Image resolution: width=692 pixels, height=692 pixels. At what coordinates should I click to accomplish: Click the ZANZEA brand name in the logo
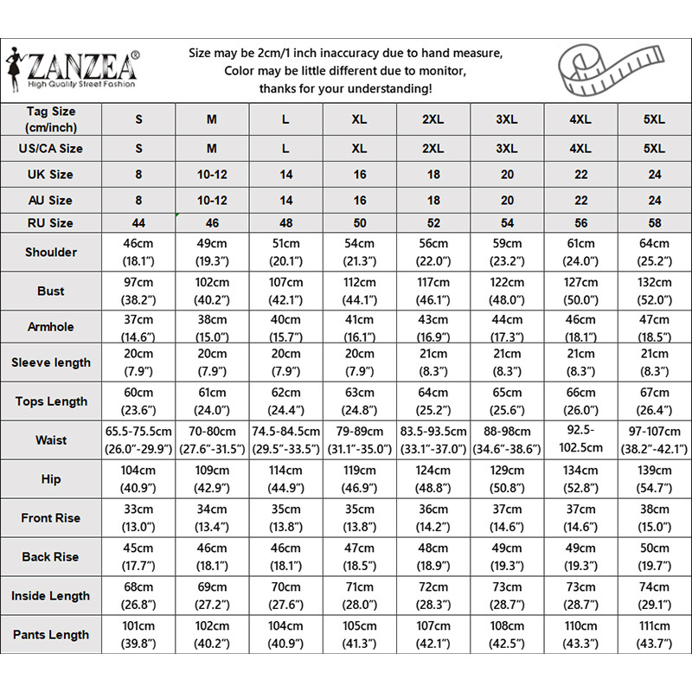(x=82, y=65)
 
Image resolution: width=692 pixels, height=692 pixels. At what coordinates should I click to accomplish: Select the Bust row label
(x=51, y=292)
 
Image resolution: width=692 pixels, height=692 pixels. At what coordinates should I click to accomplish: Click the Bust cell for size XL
(x=360, y=292)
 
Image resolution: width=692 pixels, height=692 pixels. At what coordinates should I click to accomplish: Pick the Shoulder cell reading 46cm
(x=138, y=253)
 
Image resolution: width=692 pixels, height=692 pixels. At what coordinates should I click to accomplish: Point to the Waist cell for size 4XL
(x=581, y=439)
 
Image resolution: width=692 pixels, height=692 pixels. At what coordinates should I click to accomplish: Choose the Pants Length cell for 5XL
(x=655, y=634)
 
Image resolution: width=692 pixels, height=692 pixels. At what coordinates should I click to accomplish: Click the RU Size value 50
(x=360, y=223)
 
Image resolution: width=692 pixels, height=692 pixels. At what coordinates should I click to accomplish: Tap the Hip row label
(x=51, y=478)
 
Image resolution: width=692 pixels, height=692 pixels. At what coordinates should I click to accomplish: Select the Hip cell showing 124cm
(x=433, y=478)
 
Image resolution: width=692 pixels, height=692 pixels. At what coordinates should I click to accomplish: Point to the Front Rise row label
(x=51, y=518)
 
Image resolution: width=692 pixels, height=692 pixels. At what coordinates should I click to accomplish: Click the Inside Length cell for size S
(x=138, y=595)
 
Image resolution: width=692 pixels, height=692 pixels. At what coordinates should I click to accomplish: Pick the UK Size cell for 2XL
(x=433, y=174)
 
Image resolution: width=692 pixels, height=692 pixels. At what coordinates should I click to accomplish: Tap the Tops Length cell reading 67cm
(x=655, y=401)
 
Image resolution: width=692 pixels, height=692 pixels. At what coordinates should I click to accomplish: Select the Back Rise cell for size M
(x=212, y=556)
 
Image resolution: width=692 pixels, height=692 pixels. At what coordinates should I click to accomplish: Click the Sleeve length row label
(x=51, y=362)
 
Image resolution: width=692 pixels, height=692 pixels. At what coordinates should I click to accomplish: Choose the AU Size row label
(x=51, y=200)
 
